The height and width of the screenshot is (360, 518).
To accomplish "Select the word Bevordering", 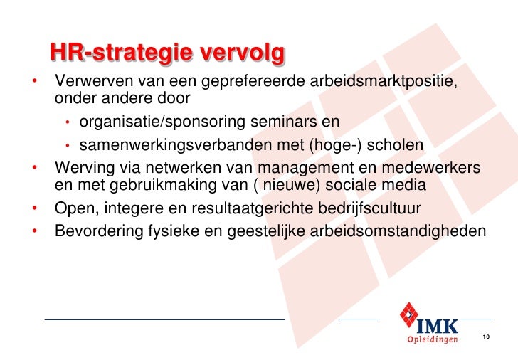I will click(96, 232).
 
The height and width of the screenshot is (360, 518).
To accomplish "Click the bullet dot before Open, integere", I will click(34, 210).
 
